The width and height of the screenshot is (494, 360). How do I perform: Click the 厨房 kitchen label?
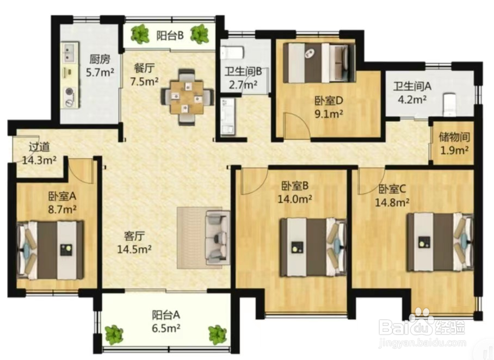100,59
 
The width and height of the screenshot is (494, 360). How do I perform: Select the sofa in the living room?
217,237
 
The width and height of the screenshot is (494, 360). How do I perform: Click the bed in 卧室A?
51,250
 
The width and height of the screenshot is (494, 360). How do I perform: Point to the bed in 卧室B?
313,247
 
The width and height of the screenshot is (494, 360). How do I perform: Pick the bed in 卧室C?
440,242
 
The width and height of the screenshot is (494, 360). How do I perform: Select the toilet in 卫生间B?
232,53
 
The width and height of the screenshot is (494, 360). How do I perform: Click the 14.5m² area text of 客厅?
134,249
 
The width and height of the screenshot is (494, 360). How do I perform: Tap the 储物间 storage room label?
454,137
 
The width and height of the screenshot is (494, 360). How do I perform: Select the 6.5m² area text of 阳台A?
166,328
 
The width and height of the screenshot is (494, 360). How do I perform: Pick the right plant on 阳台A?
218,335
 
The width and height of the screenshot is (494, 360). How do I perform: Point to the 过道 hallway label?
39,147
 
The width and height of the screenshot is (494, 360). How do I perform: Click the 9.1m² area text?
329,114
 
